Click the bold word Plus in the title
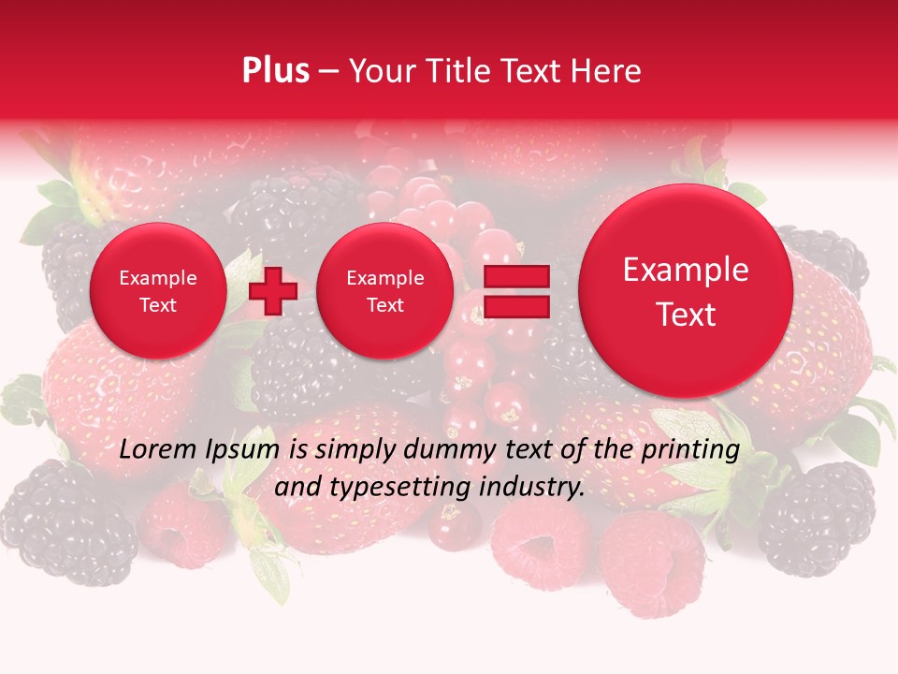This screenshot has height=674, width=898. click(275, 71)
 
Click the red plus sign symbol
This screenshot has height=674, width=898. click(273, 290)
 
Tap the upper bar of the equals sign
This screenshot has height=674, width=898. click(515, 276)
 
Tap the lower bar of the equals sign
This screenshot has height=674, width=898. click(515, 305)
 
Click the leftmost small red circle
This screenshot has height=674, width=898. click(158, 291)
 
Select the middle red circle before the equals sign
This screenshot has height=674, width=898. click(384, 291)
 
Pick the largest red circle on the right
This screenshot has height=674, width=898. click(686, 291)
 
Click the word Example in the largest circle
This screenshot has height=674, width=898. click(686, 270)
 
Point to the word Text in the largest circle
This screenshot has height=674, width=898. click(686, 315)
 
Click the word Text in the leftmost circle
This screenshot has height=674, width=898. click(158, 305)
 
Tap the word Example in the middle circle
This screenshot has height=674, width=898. click(384, 278)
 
